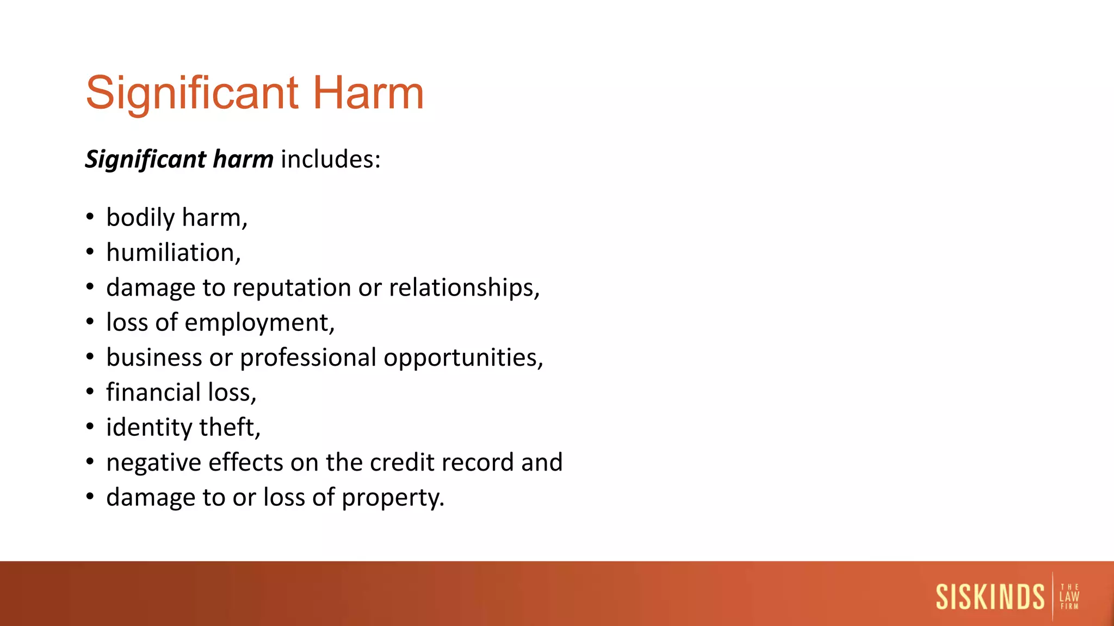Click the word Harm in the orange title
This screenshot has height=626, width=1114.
pos(368,93)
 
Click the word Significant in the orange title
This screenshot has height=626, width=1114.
pos(192,93)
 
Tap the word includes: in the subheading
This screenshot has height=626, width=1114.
pos(331,159)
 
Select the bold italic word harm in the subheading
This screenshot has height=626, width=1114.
pos(243,159)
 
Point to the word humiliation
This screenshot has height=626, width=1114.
pos(172,253)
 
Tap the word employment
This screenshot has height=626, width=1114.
pos(258,323)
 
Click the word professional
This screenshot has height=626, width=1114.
pos(308,358)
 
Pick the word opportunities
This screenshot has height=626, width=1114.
pos(462,358)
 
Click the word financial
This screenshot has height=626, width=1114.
pos(153,392)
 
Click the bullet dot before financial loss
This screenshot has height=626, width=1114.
pos(90,392)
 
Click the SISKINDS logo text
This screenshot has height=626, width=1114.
pos(990,597)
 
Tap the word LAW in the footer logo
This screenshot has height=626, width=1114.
pos(1069,597)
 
